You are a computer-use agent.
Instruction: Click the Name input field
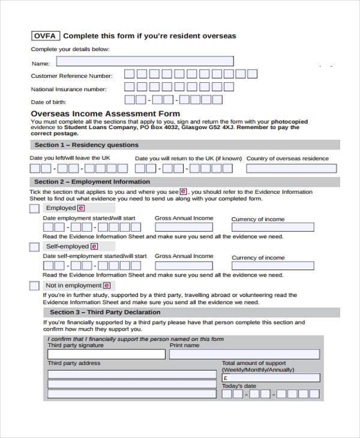pyautogui.click(x=145, y=61)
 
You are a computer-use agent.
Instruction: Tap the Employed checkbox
pyautogui.click(x=34, y=208)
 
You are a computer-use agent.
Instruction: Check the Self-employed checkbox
pyautogui.click(x=34, y=247)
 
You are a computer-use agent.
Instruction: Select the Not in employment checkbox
pyautogui.click(x=34, y=286)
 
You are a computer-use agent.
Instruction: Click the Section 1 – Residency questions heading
pyautogui.click(x=86, y=145)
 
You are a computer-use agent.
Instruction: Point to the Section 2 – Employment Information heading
pyautogui.click(x=92, y=182)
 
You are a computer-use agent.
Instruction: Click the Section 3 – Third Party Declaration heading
pyautogui.click(x=105, y=313)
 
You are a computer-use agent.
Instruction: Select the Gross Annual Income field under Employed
pyautogui.click(x=184, y=227)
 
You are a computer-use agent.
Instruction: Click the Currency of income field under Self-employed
pyautogui.click(x=273, y=266)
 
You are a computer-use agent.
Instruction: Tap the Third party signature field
pyautogui.click(x=106, y=354)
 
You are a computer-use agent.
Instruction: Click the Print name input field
pyautogui.click(x=244, y=354)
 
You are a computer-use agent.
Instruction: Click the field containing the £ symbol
pyautogui.click(x=271, y=378)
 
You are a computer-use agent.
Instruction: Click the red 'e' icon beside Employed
pyautogui.click(x=81, y=208)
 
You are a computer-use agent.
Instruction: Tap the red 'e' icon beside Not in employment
pyautogui.click(x=107, y=286)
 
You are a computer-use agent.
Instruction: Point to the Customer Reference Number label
pyautogui.click(x=71, y=76)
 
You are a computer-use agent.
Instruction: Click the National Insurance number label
pyautogui.click(x=68, y=89)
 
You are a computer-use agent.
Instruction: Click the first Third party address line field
pyautogui.click(x=131, y=374)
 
